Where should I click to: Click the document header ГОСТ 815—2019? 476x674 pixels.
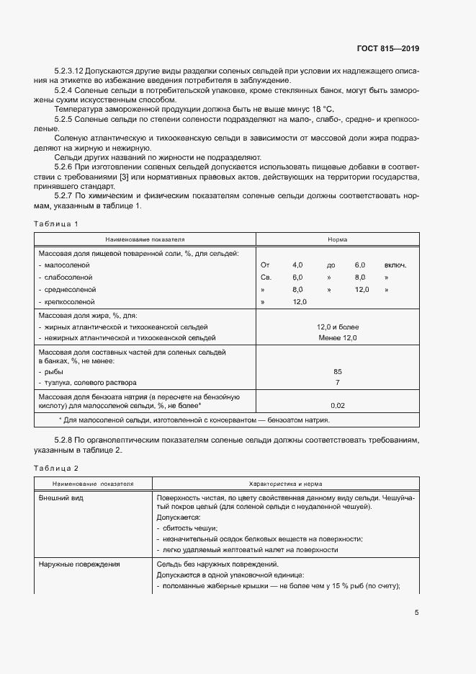click(387, 49)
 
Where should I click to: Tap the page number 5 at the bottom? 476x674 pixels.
click(417, 613)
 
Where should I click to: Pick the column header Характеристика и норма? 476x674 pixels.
click(285, 484)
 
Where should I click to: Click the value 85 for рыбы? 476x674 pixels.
click(338, 371)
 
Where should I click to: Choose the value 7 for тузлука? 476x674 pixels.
click(338, 382)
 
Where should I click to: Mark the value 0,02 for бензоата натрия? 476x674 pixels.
click(338, 406)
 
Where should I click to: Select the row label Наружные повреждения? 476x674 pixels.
click(79, 564)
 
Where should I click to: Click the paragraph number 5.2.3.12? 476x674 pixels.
click(70, 71)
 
